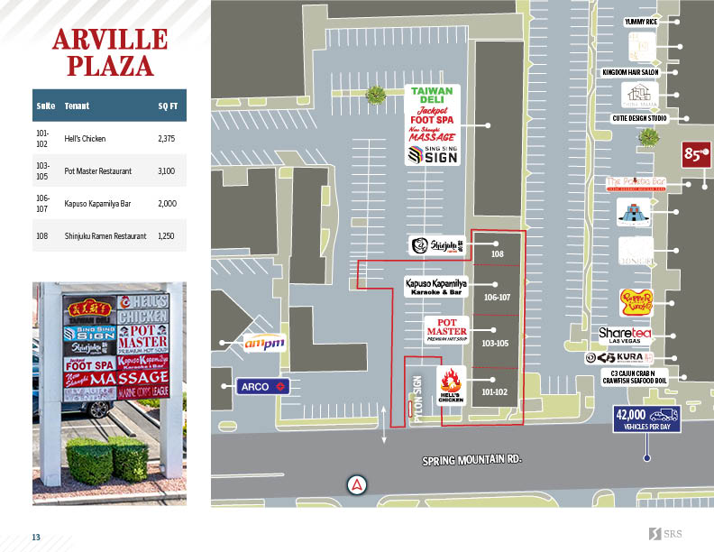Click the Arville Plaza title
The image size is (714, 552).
coord(109,52)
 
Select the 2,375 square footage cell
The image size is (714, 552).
coord(165,139)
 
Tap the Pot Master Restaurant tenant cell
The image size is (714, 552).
coord(98,170)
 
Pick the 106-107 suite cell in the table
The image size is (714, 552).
coord(42,203)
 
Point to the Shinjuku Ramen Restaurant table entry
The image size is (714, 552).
coord(105,235)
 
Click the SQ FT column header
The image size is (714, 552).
coord(167,106)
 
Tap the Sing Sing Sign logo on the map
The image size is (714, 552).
coord(433,155)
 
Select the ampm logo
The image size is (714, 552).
coord(263,343)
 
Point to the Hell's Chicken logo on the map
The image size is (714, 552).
coord(450,386)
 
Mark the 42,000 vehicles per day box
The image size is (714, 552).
coord(645,419)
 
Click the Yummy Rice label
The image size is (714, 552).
coord(640,21)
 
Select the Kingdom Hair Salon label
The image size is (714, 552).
coord(630,71)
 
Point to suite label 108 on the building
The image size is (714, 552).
coord(497,254)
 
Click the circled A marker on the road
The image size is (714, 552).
coord(358,484)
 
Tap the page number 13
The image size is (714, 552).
coord(37,538)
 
